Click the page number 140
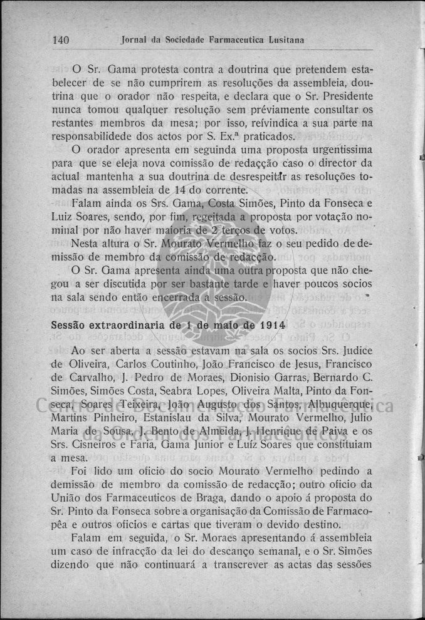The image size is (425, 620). [60, 40]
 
